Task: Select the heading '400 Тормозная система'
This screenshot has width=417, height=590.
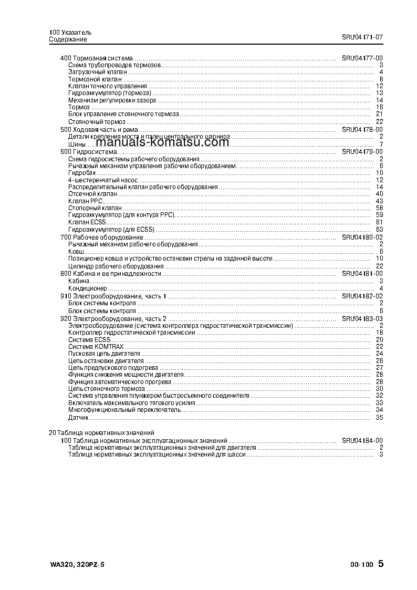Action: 97,58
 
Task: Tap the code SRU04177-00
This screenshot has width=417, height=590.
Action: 362,58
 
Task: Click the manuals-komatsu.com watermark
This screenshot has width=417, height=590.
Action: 163,142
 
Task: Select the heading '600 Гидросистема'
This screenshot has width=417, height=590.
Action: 89,152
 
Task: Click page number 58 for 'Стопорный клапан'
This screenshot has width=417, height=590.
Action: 379,208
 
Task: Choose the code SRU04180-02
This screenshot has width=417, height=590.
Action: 362,237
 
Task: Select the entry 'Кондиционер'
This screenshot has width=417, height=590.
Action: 88,288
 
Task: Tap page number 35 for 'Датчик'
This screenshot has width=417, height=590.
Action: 379,418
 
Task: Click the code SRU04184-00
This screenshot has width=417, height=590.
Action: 362,440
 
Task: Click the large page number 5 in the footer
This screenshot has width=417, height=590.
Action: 381,564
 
